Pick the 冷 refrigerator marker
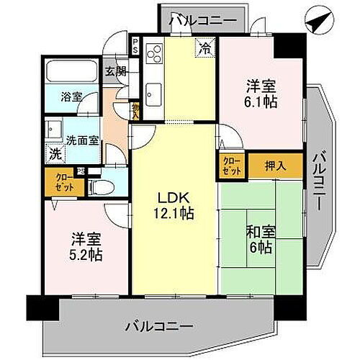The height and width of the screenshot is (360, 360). point(205,50)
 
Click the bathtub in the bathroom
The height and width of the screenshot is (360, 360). point(72,72)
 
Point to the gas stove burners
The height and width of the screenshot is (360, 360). point(153,54)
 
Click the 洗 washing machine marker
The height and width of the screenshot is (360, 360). point(55,153)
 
